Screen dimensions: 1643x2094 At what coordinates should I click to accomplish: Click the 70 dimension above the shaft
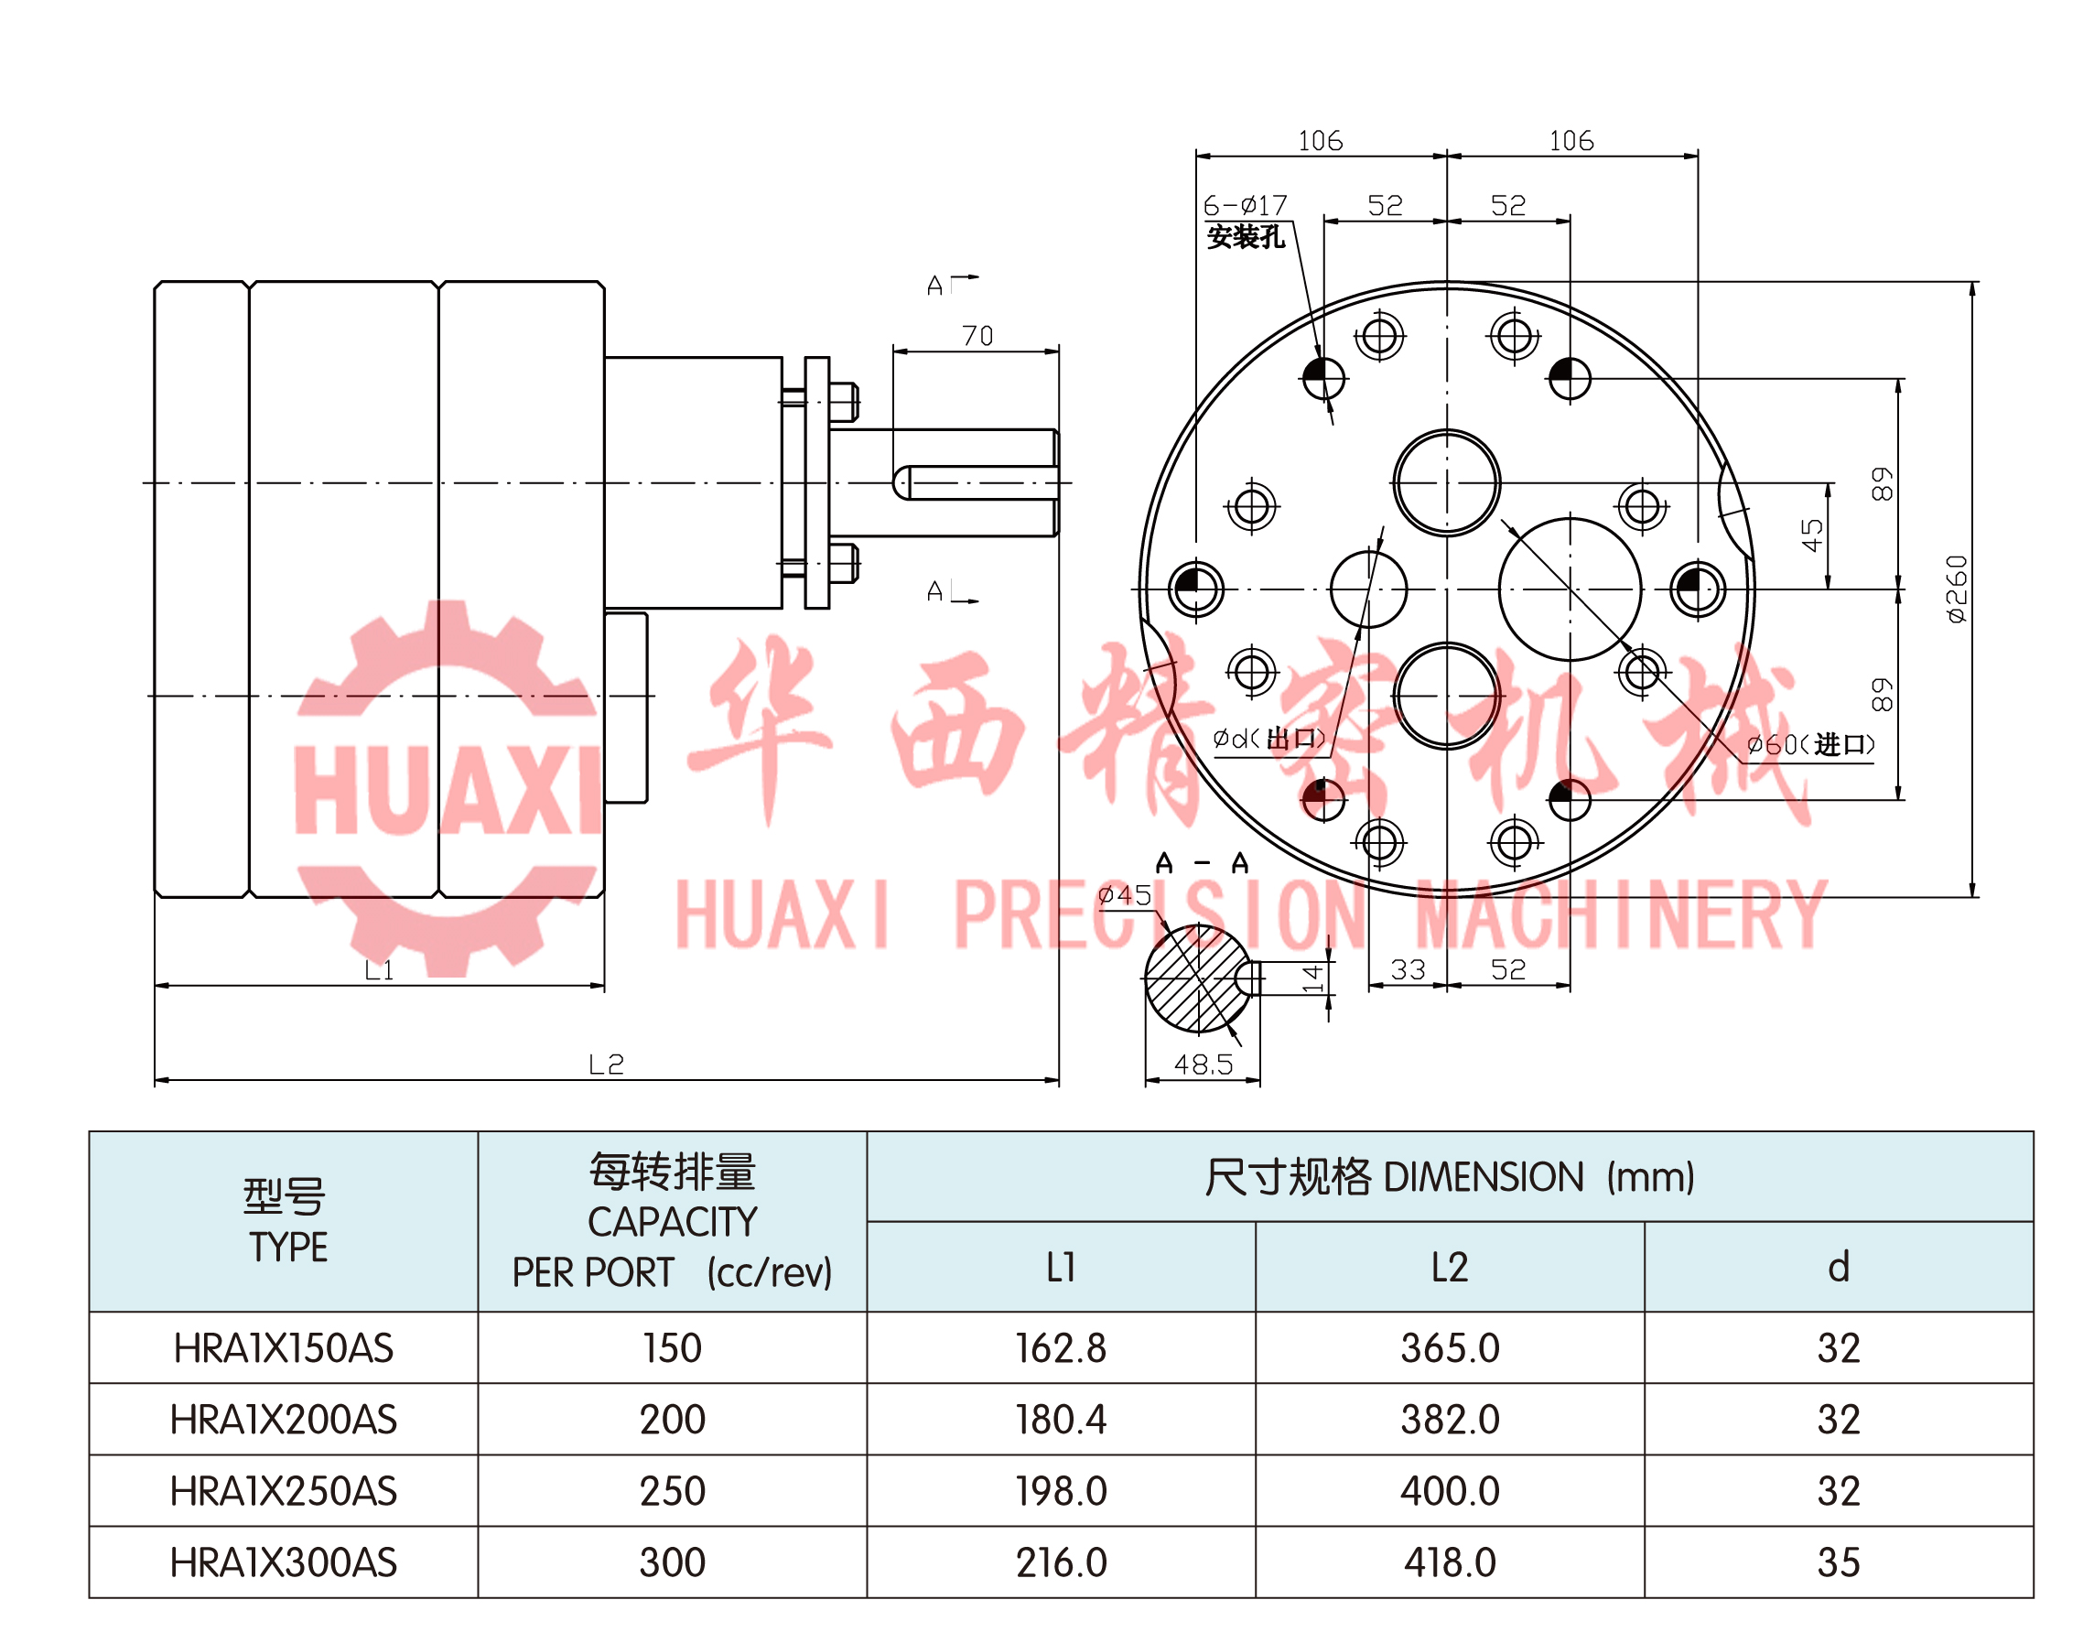tap(977, 336)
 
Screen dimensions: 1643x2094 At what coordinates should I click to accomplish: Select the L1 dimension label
tap(379, 969)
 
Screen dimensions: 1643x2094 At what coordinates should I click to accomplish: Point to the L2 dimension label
tap(606, 1064)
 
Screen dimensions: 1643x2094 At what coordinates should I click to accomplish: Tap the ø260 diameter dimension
tap(1957, 589)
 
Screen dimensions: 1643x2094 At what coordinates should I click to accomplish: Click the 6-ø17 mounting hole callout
tap(1245, 206)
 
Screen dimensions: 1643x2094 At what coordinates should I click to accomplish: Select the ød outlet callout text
tap(1268, 739)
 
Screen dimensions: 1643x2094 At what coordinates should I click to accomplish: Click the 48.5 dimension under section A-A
tap(1203, 1064)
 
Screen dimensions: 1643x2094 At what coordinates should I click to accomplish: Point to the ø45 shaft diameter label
tap(1125, 895)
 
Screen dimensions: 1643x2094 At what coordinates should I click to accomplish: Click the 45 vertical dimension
tap(1811, 535)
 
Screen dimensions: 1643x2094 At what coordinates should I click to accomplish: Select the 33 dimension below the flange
tap(1408, 969)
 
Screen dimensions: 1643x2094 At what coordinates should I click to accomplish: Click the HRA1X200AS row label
tap(283, 1420)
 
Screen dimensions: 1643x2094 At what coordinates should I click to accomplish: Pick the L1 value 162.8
tap(1060, 1348)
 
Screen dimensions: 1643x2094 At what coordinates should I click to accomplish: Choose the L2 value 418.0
tap(1449, 1563)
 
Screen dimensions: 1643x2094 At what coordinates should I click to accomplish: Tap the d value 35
tap(1837, 1563)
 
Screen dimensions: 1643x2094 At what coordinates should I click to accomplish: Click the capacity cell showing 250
tap(672, 1492)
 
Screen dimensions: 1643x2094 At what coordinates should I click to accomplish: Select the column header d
tap(1837, 1268)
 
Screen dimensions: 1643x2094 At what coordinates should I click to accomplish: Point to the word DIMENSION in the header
tap(1483, 1177)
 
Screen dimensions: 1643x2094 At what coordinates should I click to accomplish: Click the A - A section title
tap(1202, 863)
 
